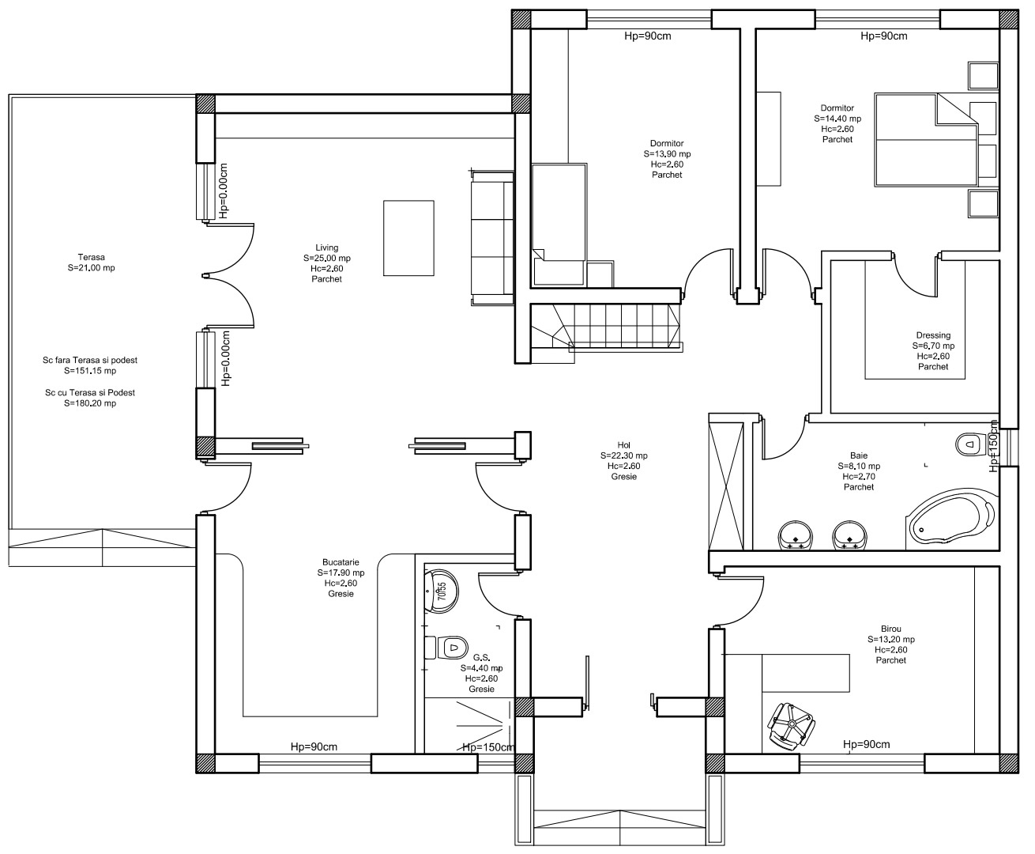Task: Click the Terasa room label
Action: click(x=91, y=257)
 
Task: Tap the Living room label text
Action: click(x=326, y=248)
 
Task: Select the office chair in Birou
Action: click(x=790, y=726)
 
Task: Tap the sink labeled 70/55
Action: click(x=440, y=590)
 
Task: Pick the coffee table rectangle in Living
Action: click(x=408, y=238)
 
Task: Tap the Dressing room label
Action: click(x=933, y=335)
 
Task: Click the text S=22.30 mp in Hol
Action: click(x=623, y=455)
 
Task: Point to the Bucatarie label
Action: click(x=341, y=562)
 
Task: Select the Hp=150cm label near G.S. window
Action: click(x=488, y=747)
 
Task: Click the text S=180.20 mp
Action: click(x=89, y=403)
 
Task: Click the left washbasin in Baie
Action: click(x=795, y=535)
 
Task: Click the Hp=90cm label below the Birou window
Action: click(x=866, y=744)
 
